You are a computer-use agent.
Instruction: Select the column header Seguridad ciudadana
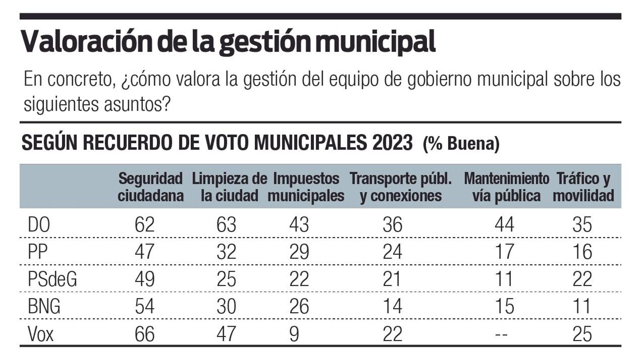coord(150,187)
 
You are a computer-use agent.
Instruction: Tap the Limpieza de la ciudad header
coord(229,187)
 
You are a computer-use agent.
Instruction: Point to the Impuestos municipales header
coord(306,187)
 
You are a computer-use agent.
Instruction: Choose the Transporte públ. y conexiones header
coord(400,187)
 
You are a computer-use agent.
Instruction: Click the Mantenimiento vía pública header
coord(506,187)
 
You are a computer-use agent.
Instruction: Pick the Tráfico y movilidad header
coord(583,187)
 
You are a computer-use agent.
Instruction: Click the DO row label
coord(39,224)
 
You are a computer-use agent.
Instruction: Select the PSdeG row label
coord(52,279)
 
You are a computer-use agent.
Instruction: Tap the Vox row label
coord(40,334)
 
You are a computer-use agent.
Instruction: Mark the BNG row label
coord(44,306)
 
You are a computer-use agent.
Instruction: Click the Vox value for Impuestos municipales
coord(294,334)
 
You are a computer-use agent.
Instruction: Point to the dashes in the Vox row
coord(502,334)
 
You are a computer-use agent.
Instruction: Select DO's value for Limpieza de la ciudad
coord(226,224)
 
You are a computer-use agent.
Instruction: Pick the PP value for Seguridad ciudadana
coord(144,252)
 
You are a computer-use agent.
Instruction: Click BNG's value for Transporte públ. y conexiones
coord(392,306)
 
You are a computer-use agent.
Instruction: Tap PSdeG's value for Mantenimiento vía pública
coord(504,279)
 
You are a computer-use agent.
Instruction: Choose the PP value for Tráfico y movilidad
coord(582,252)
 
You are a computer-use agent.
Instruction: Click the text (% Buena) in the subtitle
coord(461,143)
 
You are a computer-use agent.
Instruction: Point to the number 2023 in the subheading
coord(392,142)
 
